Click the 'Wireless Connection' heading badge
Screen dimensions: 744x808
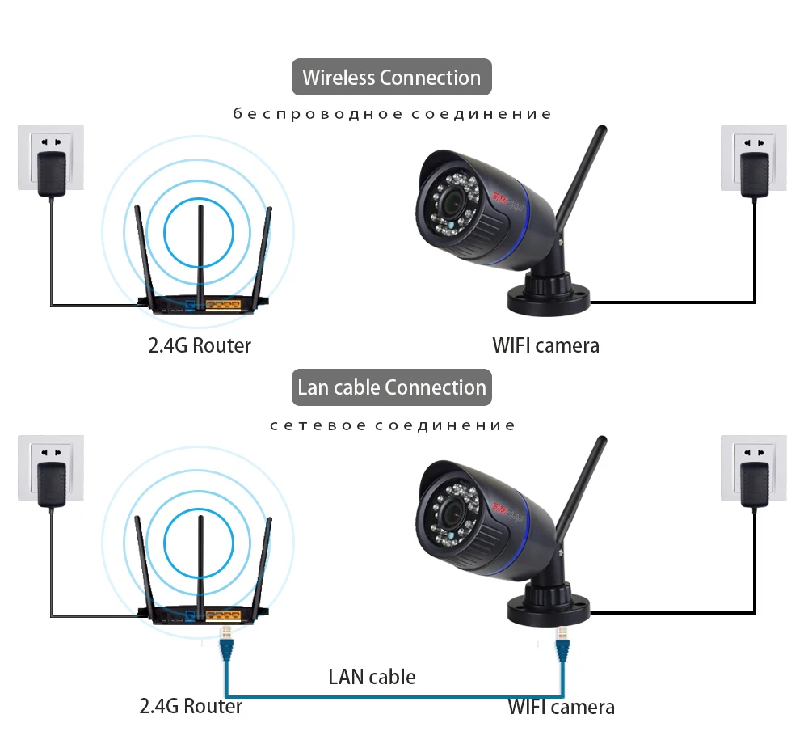391,78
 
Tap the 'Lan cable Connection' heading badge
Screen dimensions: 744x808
391,387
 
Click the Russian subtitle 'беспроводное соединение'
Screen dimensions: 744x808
392,114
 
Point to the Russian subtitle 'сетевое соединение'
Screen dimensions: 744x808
393,425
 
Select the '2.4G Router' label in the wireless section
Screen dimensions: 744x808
200,345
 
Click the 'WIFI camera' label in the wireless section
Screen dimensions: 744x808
545,345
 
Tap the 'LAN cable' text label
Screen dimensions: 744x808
372,676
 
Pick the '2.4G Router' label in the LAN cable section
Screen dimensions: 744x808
191,706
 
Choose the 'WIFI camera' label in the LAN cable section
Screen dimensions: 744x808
561,707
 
